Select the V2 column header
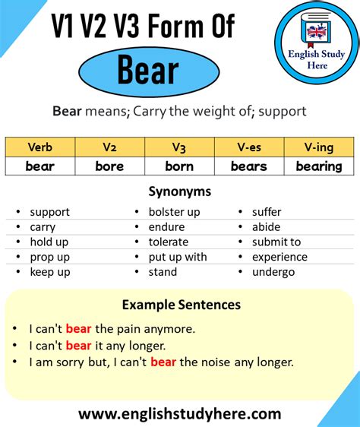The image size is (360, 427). coord(109,147)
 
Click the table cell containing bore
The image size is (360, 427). coord(109,166)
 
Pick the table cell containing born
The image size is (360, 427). coord(179,166)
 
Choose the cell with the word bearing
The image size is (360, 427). coord(319,166)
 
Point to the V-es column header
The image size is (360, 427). coord(249,147)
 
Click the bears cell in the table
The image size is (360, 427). coord(249,166)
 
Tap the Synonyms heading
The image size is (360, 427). coord(180,191)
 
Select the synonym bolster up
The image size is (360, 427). coord(175,212)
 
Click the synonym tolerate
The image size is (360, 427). coord(169,242)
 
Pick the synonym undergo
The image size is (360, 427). coord(273,272)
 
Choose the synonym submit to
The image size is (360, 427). coord(276,242)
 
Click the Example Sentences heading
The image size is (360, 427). coord(181,305)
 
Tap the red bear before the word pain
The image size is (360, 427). coord(78,329)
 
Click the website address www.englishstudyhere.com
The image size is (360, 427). coord(180,413)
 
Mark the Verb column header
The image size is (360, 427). coord(39,147)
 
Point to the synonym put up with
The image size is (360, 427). coord(178,257)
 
